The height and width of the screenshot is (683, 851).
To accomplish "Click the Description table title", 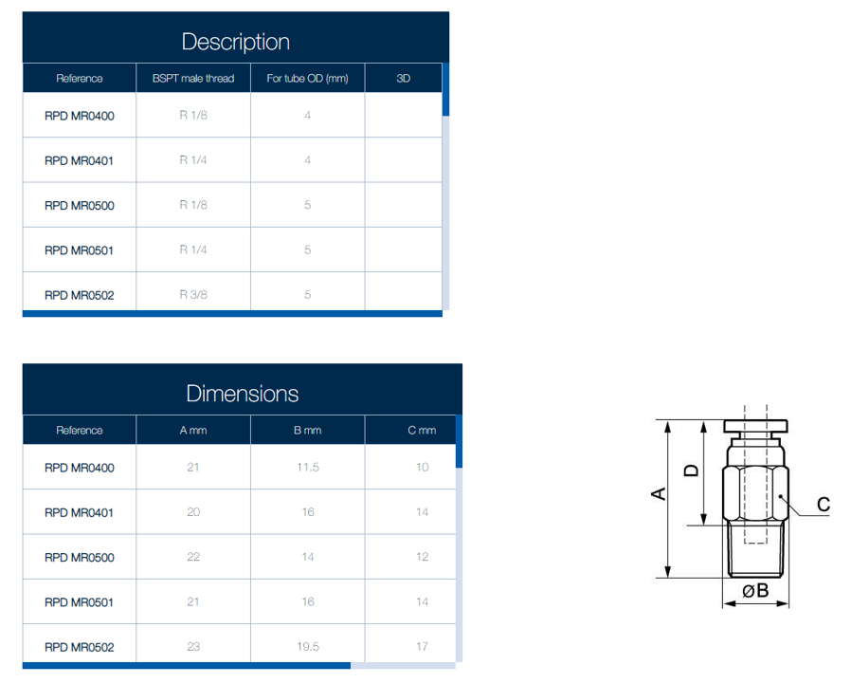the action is click(x=236, y=42).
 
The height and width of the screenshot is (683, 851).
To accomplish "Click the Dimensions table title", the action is click(x=242, y=394).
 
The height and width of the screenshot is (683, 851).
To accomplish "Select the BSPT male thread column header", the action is click(x=193, y=78).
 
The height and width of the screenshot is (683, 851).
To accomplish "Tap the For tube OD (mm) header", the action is click(x=307, y=78).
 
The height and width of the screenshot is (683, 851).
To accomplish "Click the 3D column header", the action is click(x=404, y=78).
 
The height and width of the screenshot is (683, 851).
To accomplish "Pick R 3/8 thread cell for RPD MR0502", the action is click(x=193, y=294).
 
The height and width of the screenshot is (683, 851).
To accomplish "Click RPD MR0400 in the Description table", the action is click(x=80, y=116).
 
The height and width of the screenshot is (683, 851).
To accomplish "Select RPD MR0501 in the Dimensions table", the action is click(x=80, y=602).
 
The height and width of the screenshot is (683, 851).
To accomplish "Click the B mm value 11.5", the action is click(x=308, y=468).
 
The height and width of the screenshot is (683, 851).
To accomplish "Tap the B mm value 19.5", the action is click(x=308, y=647).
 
